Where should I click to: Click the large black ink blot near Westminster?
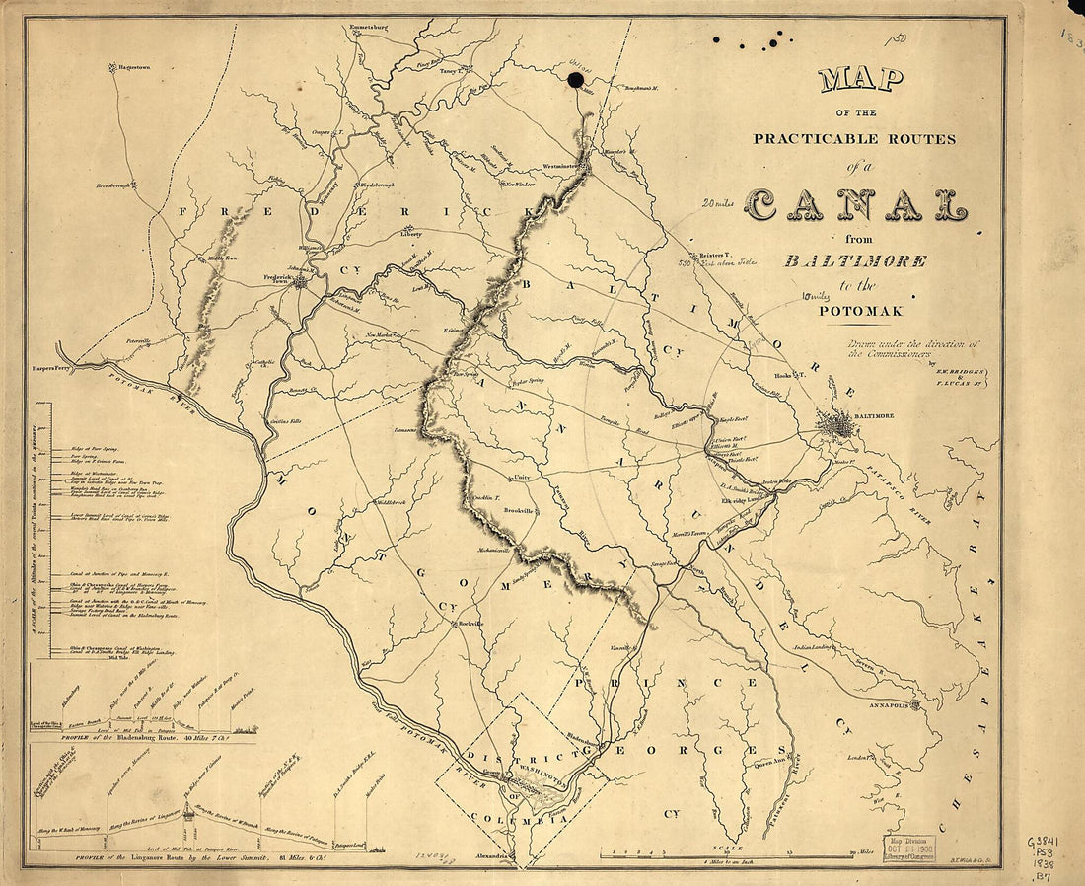click(x=575, y=78)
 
